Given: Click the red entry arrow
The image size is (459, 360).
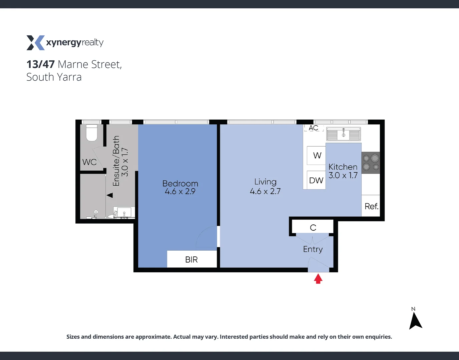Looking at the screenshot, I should coord(318,279).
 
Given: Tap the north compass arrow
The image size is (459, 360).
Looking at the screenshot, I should coord(415,321).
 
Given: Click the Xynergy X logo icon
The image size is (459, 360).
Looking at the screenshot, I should coord(35,43).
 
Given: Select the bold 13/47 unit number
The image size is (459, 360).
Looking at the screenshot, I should coord(40,64).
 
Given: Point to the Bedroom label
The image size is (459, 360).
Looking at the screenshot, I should coord(180,183).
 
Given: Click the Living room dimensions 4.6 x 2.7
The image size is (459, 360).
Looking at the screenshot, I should coord(265,191).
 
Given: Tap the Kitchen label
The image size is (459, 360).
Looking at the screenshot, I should coord(343,167).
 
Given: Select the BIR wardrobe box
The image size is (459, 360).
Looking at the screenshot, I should coord(192,259).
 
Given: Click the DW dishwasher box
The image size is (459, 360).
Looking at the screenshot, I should coord(316,180).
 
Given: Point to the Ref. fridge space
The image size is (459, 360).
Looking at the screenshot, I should coord(371,206).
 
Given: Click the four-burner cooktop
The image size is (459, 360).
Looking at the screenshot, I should coord(371,163).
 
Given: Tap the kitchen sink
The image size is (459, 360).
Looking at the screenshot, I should coord(343,134).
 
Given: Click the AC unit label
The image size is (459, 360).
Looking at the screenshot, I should coord(314,128).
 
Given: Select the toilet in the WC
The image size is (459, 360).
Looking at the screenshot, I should coord(92,133).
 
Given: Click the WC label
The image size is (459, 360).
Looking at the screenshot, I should coord(89,162).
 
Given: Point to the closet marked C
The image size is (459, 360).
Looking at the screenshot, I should coord(313,227).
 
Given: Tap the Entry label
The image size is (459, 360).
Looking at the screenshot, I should coord(313,249).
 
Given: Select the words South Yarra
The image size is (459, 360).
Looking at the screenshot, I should coord(54,77).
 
